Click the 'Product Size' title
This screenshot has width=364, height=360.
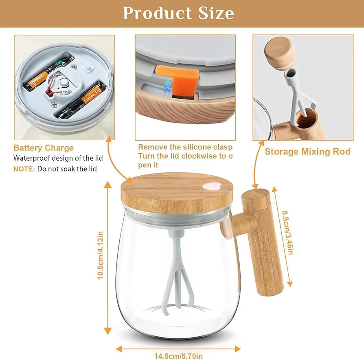(x=178, y=13)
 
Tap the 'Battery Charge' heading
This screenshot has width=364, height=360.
(x=44, y=148)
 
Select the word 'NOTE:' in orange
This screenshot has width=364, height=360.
(x=24, y=169)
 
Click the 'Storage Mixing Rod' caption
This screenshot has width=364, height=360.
(x=307, y=152)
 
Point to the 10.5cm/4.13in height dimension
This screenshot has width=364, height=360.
(x=100, y=255)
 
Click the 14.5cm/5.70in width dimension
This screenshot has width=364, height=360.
(x=178, y=356)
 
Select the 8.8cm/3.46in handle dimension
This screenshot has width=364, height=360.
(x=288, y=233)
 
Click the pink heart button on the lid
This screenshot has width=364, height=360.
(x=212, y=186)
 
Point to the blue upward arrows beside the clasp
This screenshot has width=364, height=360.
(x=167, y=87)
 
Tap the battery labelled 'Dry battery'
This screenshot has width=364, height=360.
(x=81, y=99)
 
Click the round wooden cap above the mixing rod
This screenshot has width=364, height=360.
(x=279, y=53)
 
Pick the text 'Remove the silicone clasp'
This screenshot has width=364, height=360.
(x=185, y=147)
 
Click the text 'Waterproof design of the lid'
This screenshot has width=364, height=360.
(x=58, y=158)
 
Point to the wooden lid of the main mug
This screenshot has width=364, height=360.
(x=177, y=193)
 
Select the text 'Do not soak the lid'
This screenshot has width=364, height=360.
(x=67, y=169)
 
